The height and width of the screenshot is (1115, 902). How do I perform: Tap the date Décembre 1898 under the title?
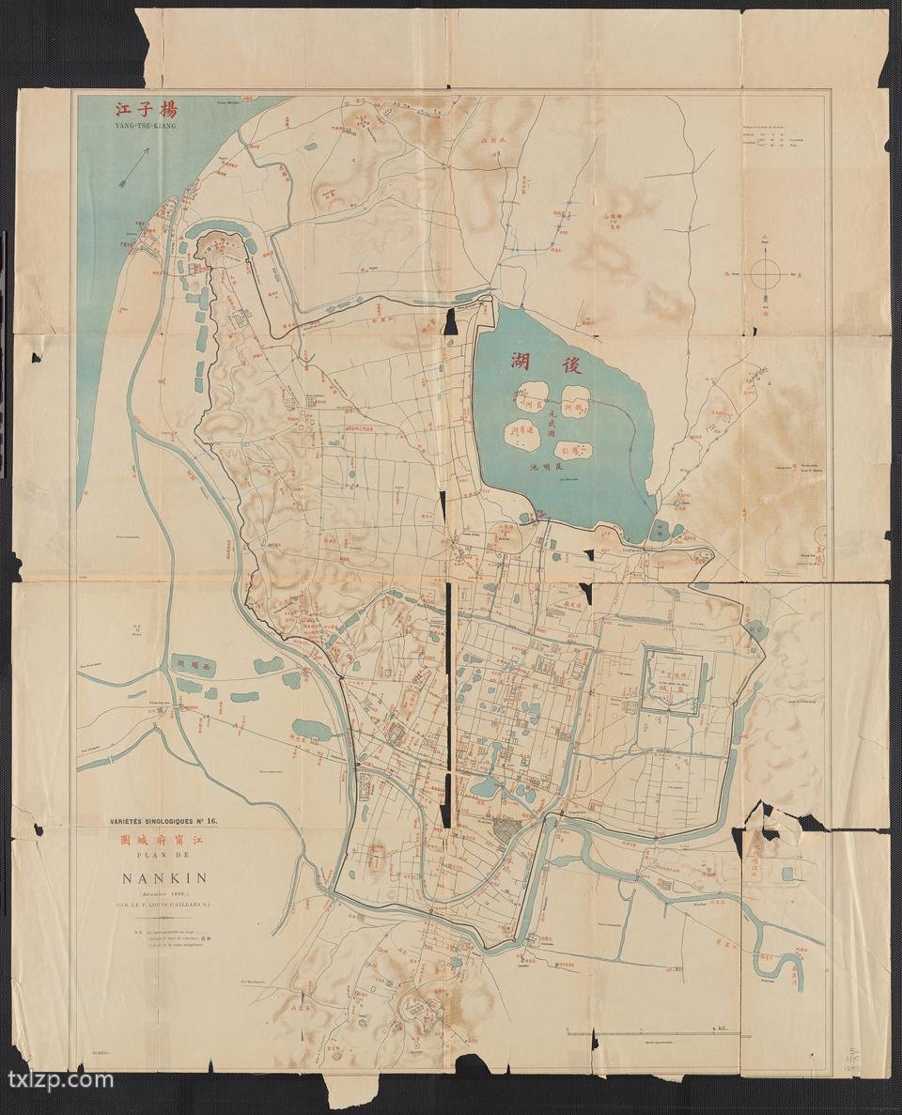point(163,894)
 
